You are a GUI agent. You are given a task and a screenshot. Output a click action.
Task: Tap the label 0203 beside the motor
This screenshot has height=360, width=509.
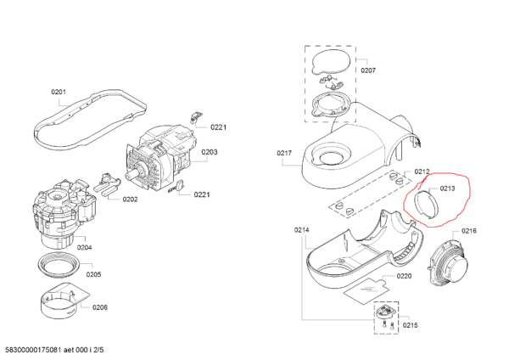tap(210, 153)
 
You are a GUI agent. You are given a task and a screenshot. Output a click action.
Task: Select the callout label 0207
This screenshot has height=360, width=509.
tap(368, 70)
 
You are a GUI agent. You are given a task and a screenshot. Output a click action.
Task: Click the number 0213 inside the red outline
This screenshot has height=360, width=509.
tap(447, 188)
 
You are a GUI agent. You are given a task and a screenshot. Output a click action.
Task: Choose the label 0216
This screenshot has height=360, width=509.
tap(469, 231)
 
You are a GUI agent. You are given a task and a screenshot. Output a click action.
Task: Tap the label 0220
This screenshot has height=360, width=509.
tap(404, 276)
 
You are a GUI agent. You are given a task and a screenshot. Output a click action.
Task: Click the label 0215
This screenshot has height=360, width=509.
tap(410, 325)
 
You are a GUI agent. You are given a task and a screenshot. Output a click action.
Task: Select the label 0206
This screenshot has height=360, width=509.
tap(100, 306)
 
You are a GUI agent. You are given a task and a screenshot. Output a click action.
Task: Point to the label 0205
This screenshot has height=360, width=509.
tap(93, 274)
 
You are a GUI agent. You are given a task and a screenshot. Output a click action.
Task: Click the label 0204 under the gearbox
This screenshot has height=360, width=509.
tap(84, 248)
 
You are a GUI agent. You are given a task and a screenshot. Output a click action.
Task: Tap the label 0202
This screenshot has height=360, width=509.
tap(130, 200)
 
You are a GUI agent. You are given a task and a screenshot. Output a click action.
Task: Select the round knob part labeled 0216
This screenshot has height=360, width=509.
tap(447, 266)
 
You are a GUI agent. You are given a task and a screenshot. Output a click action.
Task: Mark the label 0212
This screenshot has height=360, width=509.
tap(422, 171)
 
